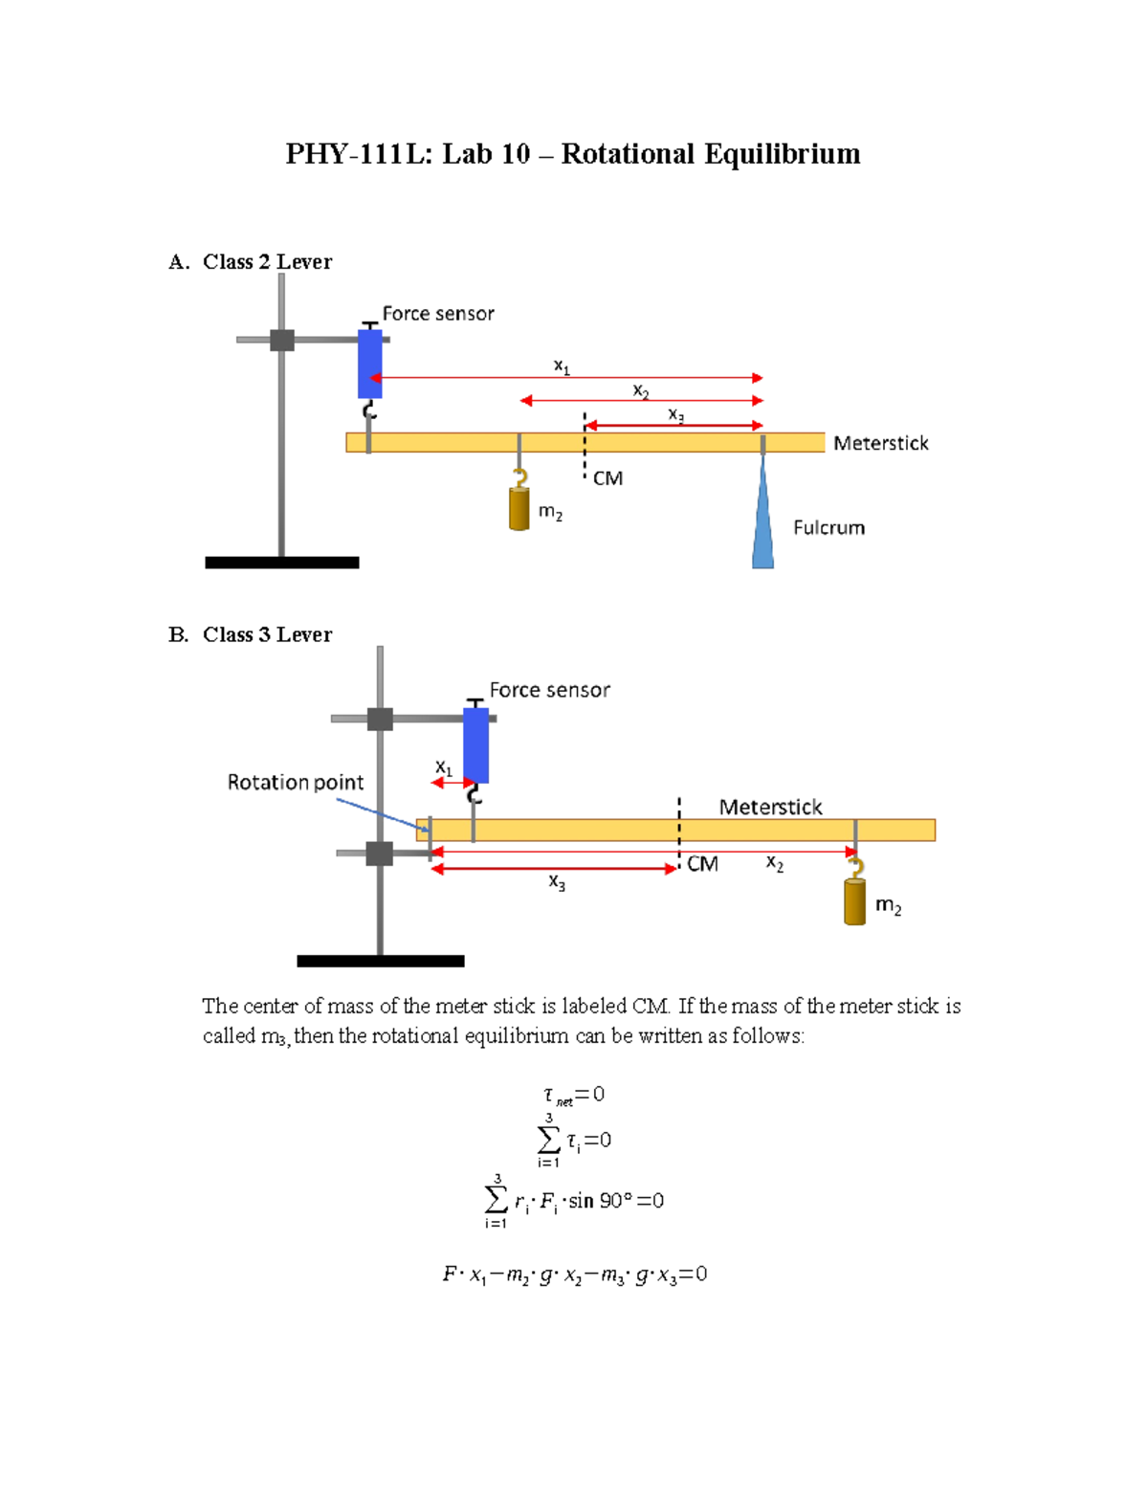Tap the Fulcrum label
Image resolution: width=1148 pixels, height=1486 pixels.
(828, 528)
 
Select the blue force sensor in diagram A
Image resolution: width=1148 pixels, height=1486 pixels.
(370, 364)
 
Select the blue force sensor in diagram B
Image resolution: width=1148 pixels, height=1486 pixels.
(475, 745)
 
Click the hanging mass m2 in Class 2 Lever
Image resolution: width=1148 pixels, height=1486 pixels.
(519, 509)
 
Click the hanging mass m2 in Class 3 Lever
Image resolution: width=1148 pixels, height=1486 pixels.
(854, 901)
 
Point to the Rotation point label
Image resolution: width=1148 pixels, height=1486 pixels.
(295, 783)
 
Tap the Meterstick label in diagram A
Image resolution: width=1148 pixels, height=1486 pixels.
(880, 443)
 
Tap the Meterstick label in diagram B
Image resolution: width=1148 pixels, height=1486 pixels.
(770, 808)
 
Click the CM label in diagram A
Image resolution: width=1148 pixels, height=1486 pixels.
(607, 478)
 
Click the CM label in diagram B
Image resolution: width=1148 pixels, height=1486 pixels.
(702, 864)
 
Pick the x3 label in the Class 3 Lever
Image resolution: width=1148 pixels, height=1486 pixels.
(557, 882)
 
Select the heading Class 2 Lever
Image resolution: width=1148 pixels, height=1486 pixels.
(267, 262)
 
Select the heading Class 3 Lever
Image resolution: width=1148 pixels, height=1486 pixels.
(267, 634)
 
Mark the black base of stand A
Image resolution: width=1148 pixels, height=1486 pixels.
(282, 563)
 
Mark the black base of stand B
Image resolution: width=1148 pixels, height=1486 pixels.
(381, 961)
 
